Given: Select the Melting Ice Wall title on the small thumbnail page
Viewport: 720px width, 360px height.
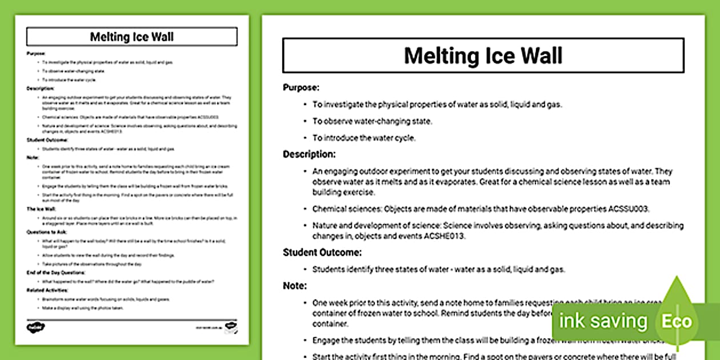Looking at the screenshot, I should pos(132,37).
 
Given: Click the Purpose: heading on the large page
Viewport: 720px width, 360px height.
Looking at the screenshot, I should pos(301,87).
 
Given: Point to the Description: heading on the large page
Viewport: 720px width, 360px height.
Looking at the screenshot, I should pos(309,154).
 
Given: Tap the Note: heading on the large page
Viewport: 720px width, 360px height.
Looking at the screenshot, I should pos(295,285).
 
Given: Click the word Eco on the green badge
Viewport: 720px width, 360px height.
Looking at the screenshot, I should pos(677,321).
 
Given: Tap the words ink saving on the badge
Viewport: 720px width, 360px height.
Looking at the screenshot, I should pos(603,321).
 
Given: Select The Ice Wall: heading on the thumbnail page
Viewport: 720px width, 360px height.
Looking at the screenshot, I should pos(40,209).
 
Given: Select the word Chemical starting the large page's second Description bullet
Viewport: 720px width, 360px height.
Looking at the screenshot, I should pos(330,209).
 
